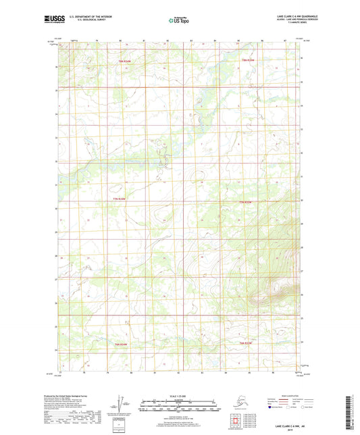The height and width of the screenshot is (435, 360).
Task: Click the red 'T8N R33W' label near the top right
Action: [x=249, y=61]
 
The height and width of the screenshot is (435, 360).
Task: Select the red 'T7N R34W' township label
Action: [x=119, y=202]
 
